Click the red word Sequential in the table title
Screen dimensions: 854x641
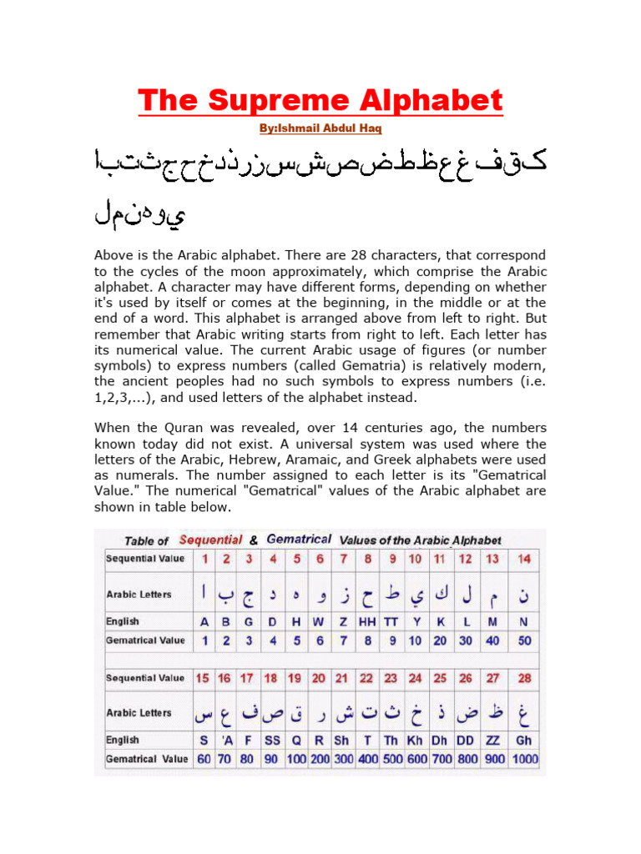[211, 540]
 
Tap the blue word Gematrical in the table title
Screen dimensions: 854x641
[298, 540]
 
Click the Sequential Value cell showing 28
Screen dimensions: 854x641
[523, 678]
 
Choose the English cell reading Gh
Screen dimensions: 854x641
[523, 740]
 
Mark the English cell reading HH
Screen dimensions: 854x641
[366, 621]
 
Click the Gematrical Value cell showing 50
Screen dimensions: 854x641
[523, 640]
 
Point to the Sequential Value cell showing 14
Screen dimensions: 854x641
[523, 558]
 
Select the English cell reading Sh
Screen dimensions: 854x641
[342, 740]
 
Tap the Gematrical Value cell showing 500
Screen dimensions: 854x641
[391, 760]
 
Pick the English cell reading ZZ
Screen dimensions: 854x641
[495, 740]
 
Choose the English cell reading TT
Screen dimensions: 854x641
[391, 621]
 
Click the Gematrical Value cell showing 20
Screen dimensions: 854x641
[440, 640]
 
